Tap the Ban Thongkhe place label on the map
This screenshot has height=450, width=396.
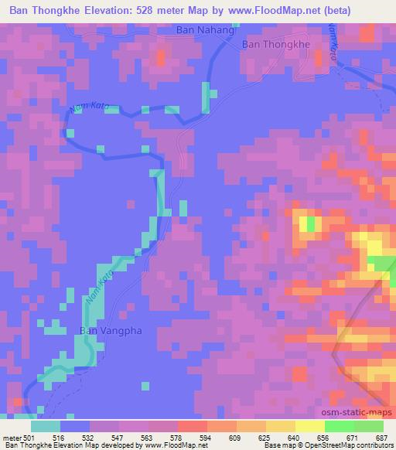pos(276,45)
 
